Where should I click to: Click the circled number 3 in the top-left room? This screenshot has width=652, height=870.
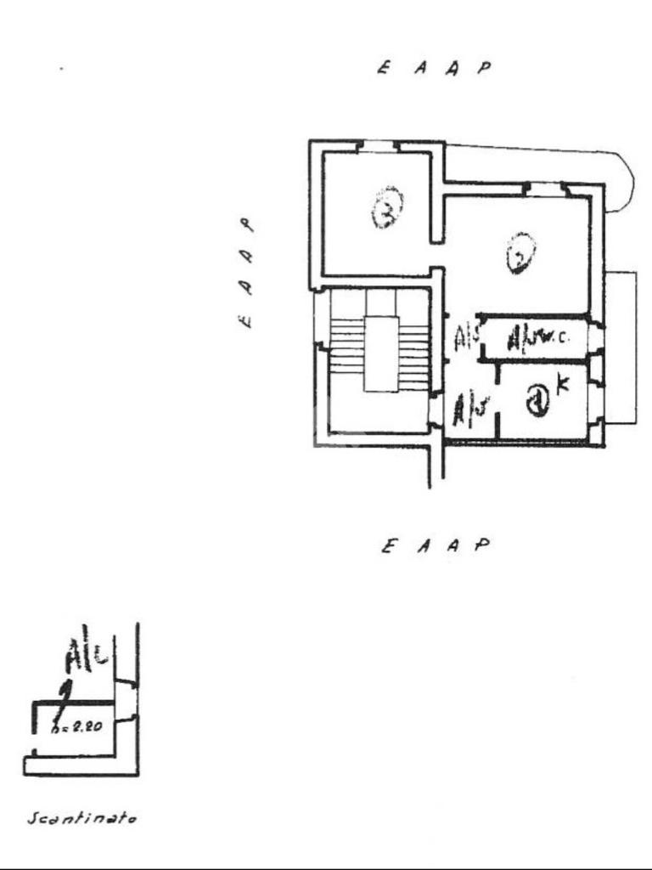tap(387, 208)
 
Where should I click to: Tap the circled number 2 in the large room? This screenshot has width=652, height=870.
tap(520, 253)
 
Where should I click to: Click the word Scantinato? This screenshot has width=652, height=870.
tap(82, 818)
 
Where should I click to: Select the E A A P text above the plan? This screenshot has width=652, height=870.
tap(434, 68)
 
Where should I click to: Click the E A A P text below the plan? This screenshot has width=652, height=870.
tap(436, 545)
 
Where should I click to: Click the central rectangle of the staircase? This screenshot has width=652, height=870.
tap(381, 353)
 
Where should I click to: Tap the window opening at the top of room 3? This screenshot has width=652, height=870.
tap(377, 145)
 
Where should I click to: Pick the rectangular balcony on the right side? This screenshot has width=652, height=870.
tap(621, 347)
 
